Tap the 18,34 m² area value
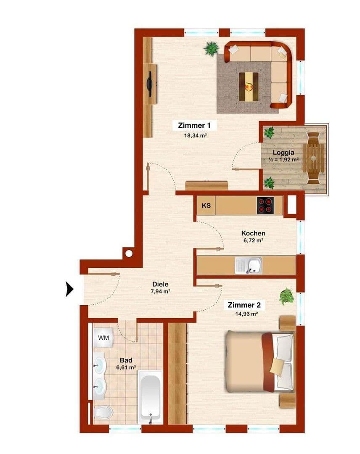(194, 136)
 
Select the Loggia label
(283, 153)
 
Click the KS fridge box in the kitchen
(206, 206)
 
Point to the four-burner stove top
(265, 206)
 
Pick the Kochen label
(253, 233)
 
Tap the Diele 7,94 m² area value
(161, 291)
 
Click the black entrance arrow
(70, 289)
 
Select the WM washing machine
(103, 338)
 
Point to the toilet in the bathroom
(102, 412)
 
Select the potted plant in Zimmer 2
(286, 296)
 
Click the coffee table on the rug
(249, 87)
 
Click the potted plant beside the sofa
(211, 48)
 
